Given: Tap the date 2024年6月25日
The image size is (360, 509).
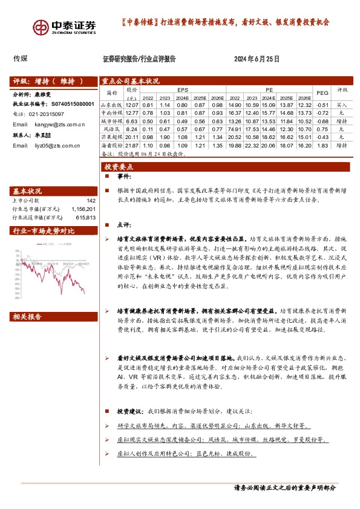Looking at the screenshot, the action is [x=257, y=59].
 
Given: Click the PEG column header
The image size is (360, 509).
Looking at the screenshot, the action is [x=322, y=92].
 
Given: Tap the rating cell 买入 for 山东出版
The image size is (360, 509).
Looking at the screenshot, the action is [x=342, y=105].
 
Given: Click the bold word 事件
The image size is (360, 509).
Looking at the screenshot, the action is [x=123, y=177].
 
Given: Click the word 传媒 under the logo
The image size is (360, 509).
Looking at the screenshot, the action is [x=21, y=59].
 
